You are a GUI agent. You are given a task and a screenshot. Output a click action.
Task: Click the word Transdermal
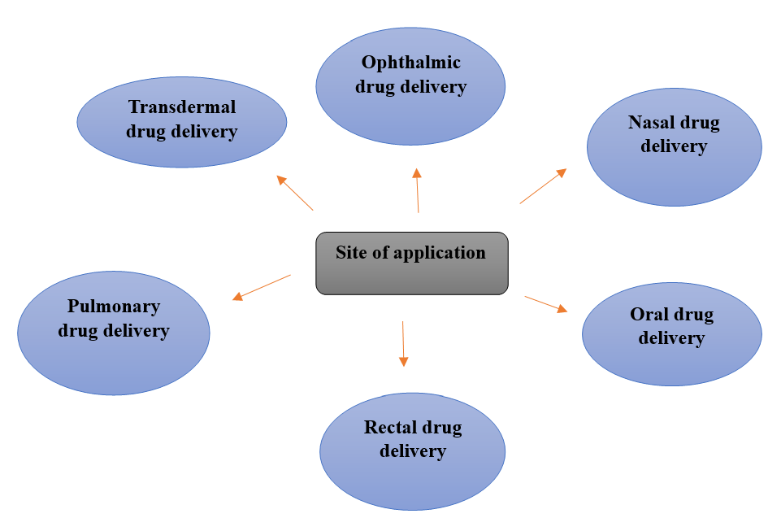point(182,107)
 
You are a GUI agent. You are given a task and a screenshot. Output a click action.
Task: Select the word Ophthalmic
point(410,63)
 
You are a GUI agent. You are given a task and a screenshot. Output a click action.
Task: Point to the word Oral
point(649,315)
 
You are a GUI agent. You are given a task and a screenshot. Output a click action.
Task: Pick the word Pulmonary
point(114,307)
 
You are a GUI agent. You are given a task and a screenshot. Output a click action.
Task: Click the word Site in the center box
point(350,252)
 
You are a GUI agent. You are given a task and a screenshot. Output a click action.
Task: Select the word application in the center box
point(439,253)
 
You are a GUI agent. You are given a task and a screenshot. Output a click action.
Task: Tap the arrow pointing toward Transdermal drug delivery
point(294,193)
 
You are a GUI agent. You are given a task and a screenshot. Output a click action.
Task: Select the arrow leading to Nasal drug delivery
point(543,186)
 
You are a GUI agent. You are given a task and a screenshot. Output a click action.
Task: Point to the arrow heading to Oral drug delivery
point(545,303)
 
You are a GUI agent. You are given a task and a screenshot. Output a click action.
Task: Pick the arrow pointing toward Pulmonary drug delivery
point(262,287)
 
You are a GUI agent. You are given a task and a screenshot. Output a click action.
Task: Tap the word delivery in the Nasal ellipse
point(674,146)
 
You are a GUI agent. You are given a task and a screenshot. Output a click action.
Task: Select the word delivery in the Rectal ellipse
point(413,451)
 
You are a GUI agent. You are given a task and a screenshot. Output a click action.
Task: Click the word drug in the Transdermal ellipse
point(145,131)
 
